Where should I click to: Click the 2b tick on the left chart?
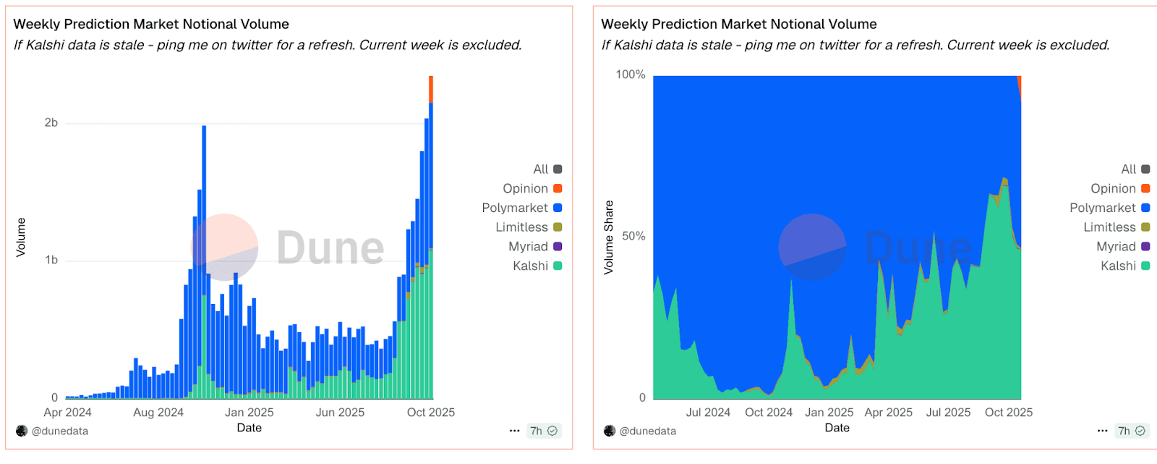click(51, 123)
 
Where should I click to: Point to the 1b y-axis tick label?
click(51, 261)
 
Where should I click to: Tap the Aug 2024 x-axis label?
click(158, 413)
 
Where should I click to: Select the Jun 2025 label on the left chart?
click(340, 413)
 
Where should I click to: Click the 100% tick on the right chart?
click(630, 75)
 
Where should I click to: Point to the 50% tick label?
click(633, 237)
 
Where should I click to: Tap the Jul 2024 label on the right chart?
click(708, 413)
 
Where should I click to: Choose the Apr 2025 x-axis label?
click(888, 413)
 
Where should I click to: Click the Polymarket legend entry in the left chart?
click(521, 208)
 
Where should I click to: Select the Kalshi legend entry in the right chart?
click(1124, 266)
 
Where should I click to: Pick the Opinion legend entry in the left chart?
click(531, 189)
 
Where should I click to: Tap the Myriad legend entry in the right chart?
click(1122, 247)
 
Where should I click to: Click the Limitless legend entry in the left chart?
click(528, 227)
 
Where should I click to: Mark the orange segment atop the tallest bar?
click(431, 89)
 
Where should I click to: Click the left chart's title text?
click(151, 25)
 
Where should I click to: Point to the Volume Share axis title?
click(609, 237)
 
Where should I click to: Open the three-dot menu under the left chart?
click(514, 431)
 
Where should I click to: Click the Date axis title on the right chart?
click(837, 429)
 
